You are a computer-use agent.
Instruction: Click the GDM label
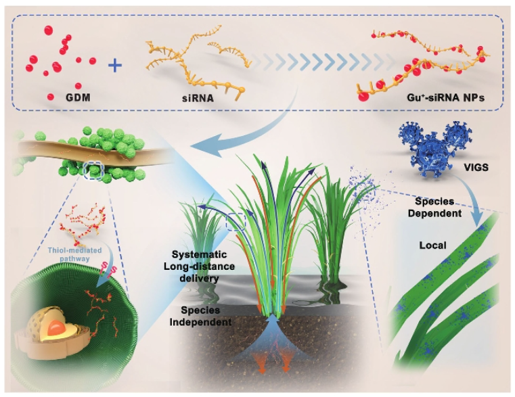coord(78,97)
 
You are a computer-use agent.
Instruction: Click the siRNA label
coord(198,98)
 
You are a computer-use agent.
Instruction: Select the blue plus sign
coord(115,66)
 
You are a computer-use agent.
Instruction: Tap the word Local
coord(432,246)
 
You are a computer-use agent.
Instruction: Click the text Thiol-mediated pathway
coord(74,254)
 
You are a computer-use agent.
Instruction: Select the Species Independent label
coord(200,316)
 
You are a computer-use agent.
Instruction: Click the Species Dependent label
coord(434,207)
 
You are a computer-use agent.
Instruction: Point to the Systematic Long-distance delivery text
coord(200,266)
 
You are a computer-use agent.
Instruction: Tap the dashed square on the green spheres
coord(94,171)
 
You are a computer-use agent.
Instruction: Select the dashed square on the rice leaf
coord(236,223)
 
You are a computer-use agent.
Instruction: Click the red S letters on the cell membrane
coord(109,269)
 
